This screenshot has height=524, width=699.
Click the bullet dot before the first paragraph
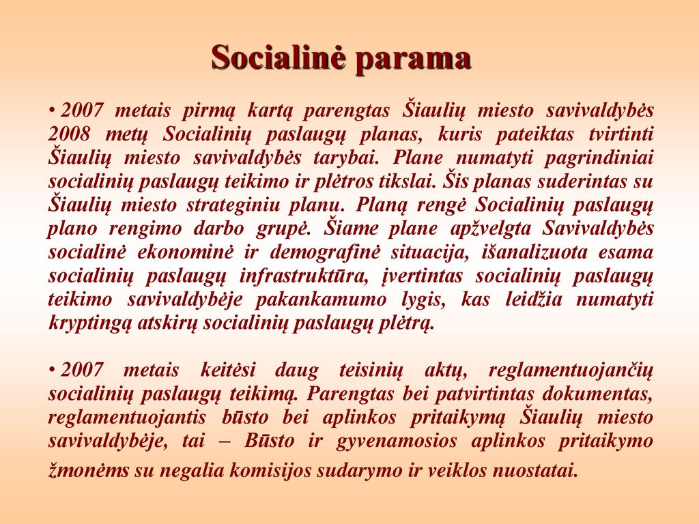coord(52,111)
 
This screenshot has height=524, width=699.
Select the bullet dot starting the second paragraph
coord(52,370)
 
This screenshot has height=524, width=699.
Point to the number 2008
coord(69,134)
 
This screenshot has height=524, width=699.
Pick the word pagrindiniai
coord(599,158)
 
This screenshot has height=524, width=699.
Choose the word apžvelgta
coord(490,229)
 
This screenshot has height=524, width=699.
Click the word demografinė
coord(325,253)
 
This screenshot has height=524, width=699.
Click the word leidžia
coord(534,299)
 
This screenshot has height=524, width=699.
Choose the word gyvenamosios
coord(397,442)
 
